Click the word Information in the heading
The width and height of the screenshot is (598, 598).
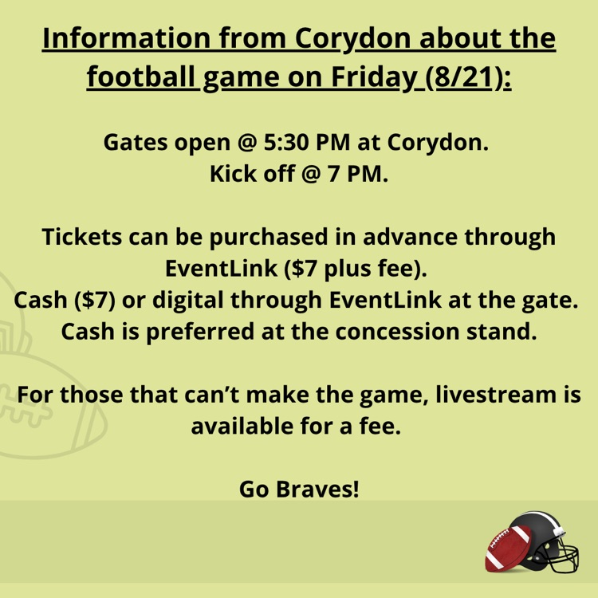point(126,37)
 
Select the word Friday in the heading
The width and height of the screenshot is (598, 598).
point(374,77)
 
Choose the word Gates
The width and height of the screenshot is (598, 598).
point(136,142)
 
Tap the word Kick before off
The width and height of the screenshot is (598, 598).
point(233,174)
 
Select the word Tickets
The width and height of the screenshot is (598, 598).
point(81,237)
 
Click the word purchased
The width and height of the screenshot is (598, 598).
point(269,238)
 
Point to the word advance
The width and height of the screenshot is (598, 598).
point(410,237)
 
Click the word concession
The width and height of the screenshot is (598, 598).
point(397,332)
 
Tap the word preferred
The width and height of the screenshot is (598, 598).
point(200,332)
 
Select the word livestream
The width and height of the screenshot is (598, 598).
point(496,395)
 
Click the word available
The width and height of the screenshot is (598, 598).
point(242,426)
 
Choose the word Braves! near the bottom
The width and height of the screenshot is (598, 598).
point(317,489)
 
